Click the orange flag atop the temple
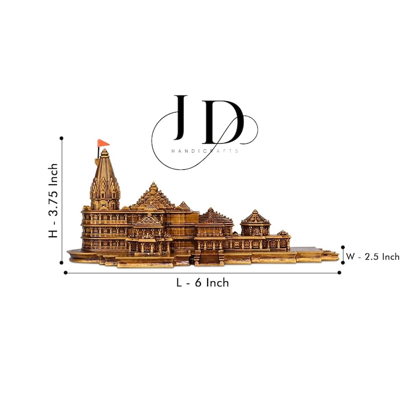pyautogui.click(x=103, y=143)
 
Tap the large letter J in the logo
pyautogui.click(x=181, y=118)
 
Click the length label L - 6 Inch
pyautogui.click(x=202, y=283)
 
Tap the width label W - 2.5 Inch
pyautogui.click(x=373, y=257)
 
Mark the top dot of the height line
pyautogui.click(x=61, y=138)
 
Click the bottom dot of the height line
pyautogui.click(x=61, y=262)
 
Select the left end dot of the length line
pyautogui.click(x=65, y=273)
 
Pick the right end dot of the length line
pyautogui.click(x=340, y=273)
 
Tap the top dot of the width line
pyautogui.click(x=343, y=247)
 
